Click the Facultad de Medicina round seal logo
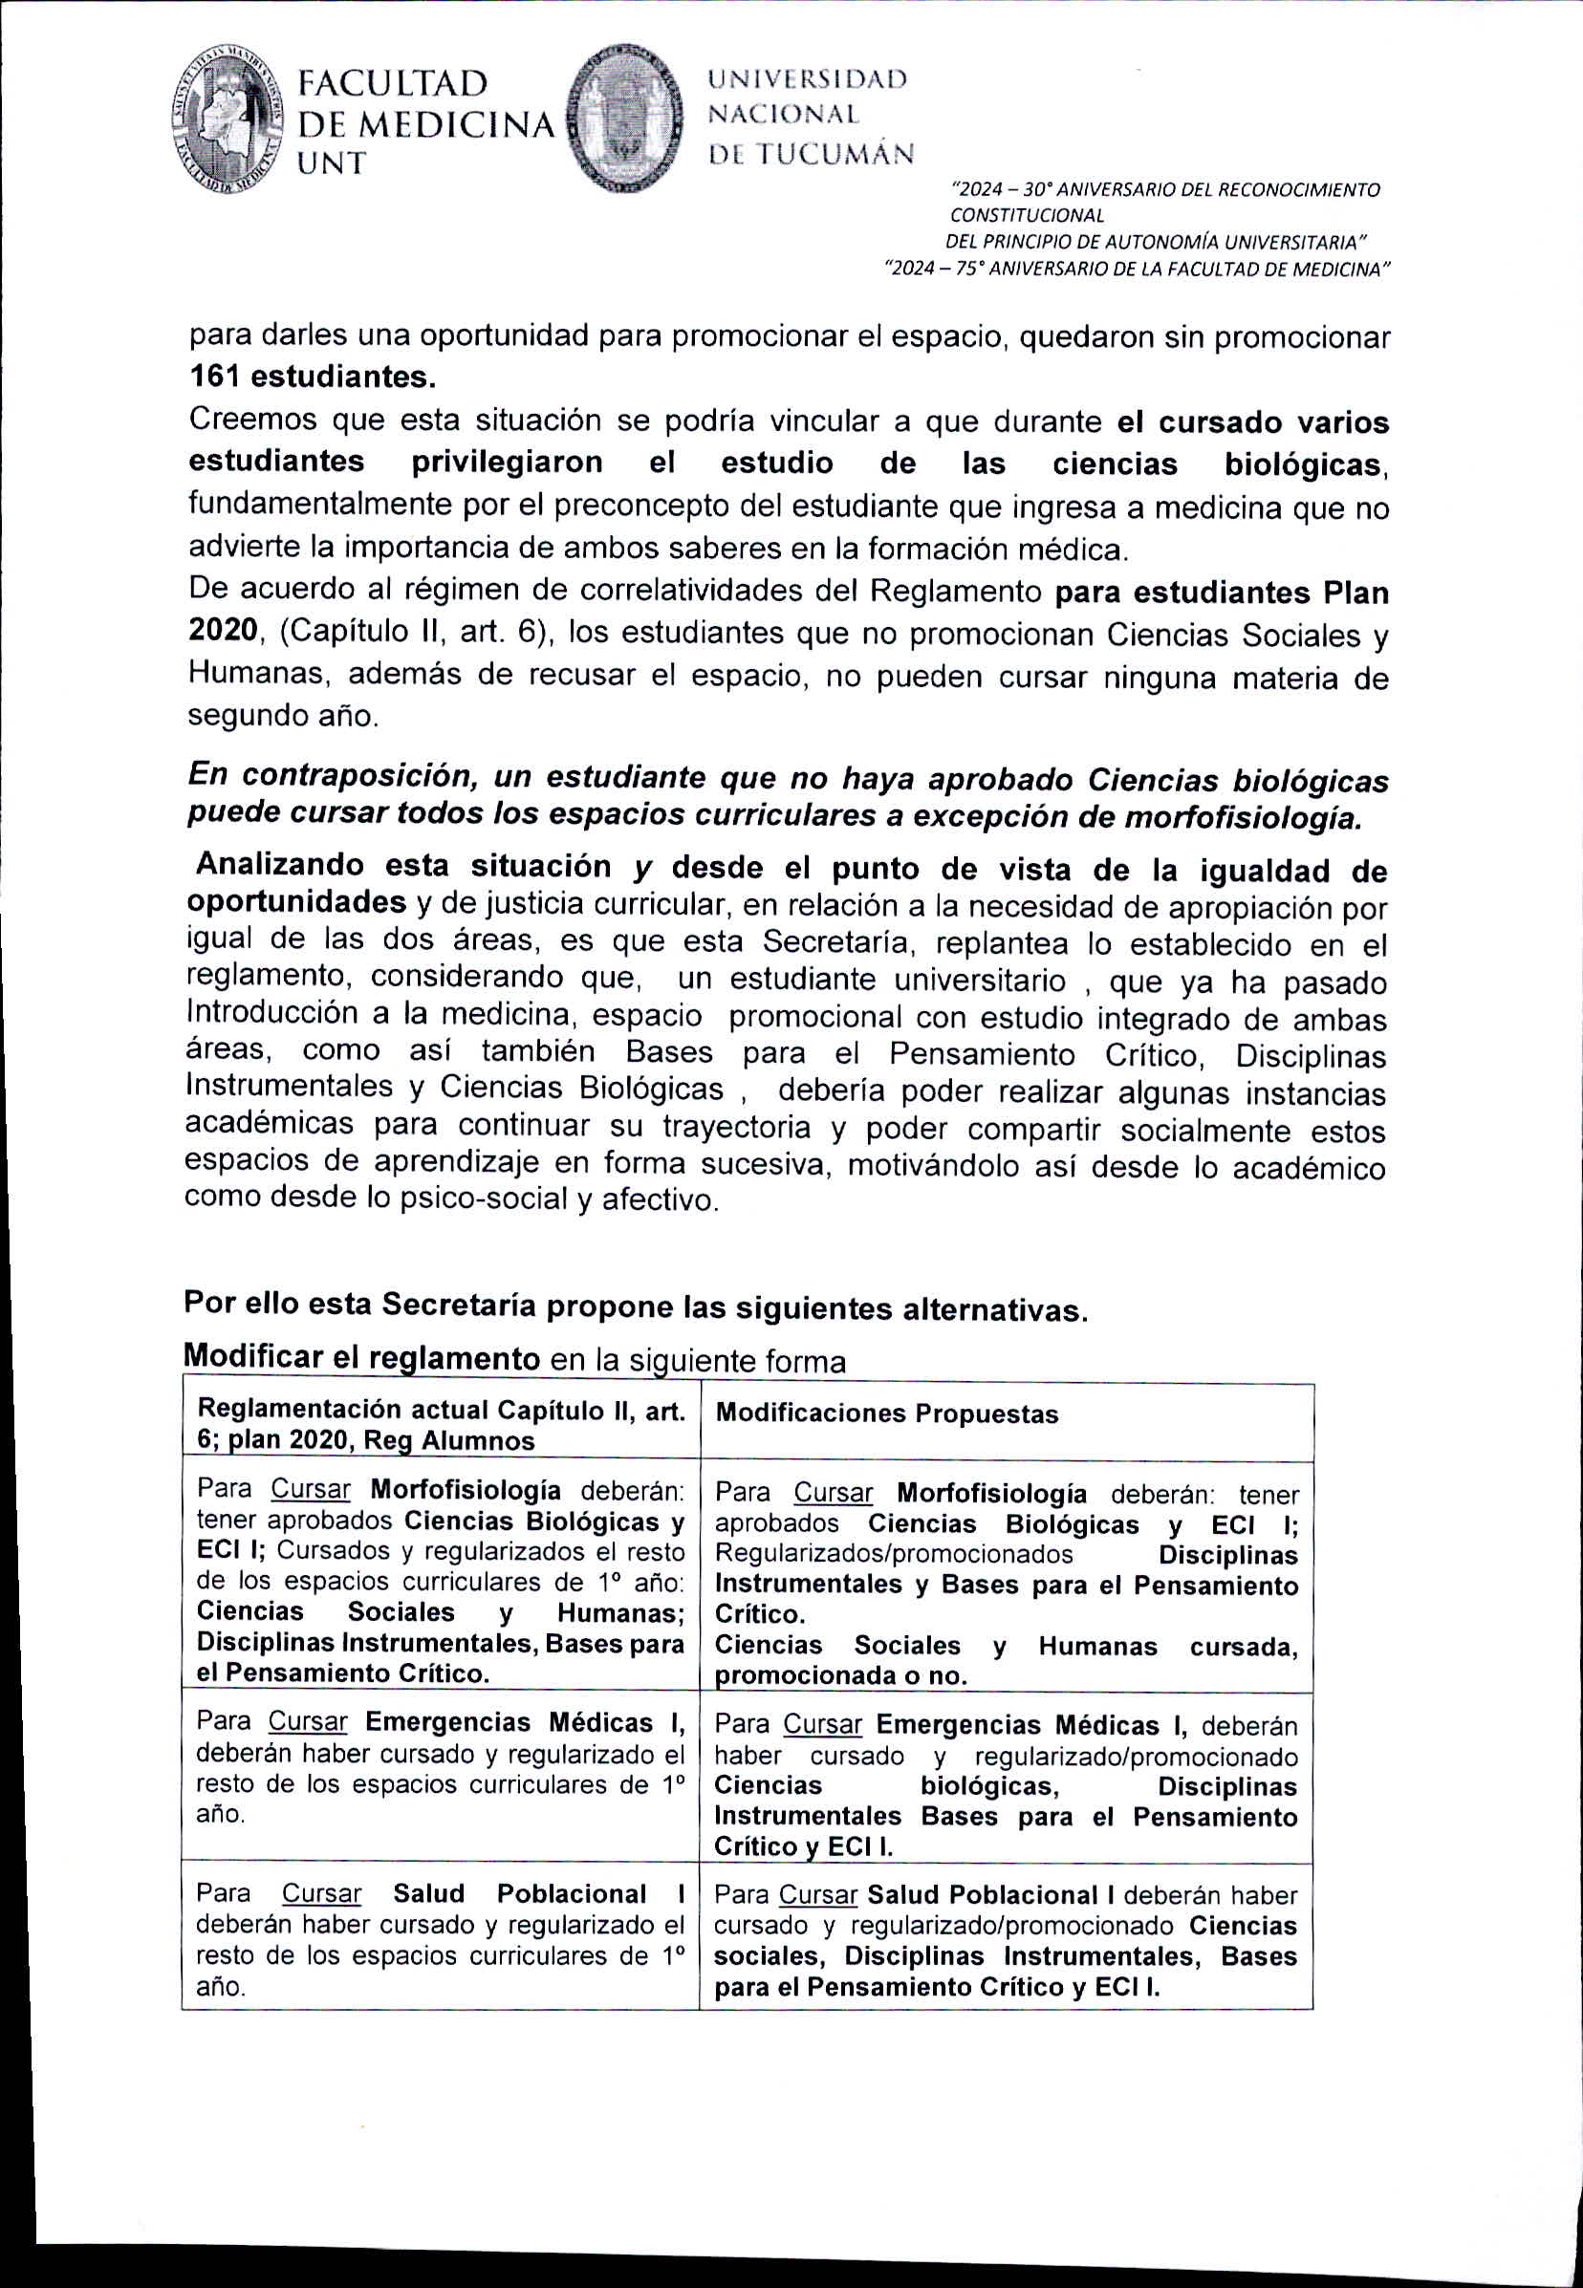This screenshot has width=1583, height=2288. [x=228, y=120]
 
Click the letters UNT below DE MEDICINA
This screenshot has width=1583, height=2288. [x=333, y=162]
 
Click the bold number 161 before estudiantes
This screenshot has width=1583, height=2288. [x=215, y=378]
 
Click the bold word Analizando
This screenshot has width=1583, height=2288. [x=280, y=865]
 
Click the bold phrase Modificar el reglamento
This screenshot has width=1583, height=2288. [x=361, y=1357]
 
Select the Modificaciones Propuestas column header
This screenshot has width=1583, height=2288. [x=887, y=1414]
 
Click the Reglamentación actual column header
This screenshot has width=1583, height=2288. [x=441, y=1424]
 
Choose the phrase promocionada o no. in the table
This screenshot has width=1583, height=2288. [x=840, y=1676]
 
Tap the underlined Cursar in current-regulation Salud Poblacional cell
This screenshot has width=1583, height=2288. [x=321, y=1893]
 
